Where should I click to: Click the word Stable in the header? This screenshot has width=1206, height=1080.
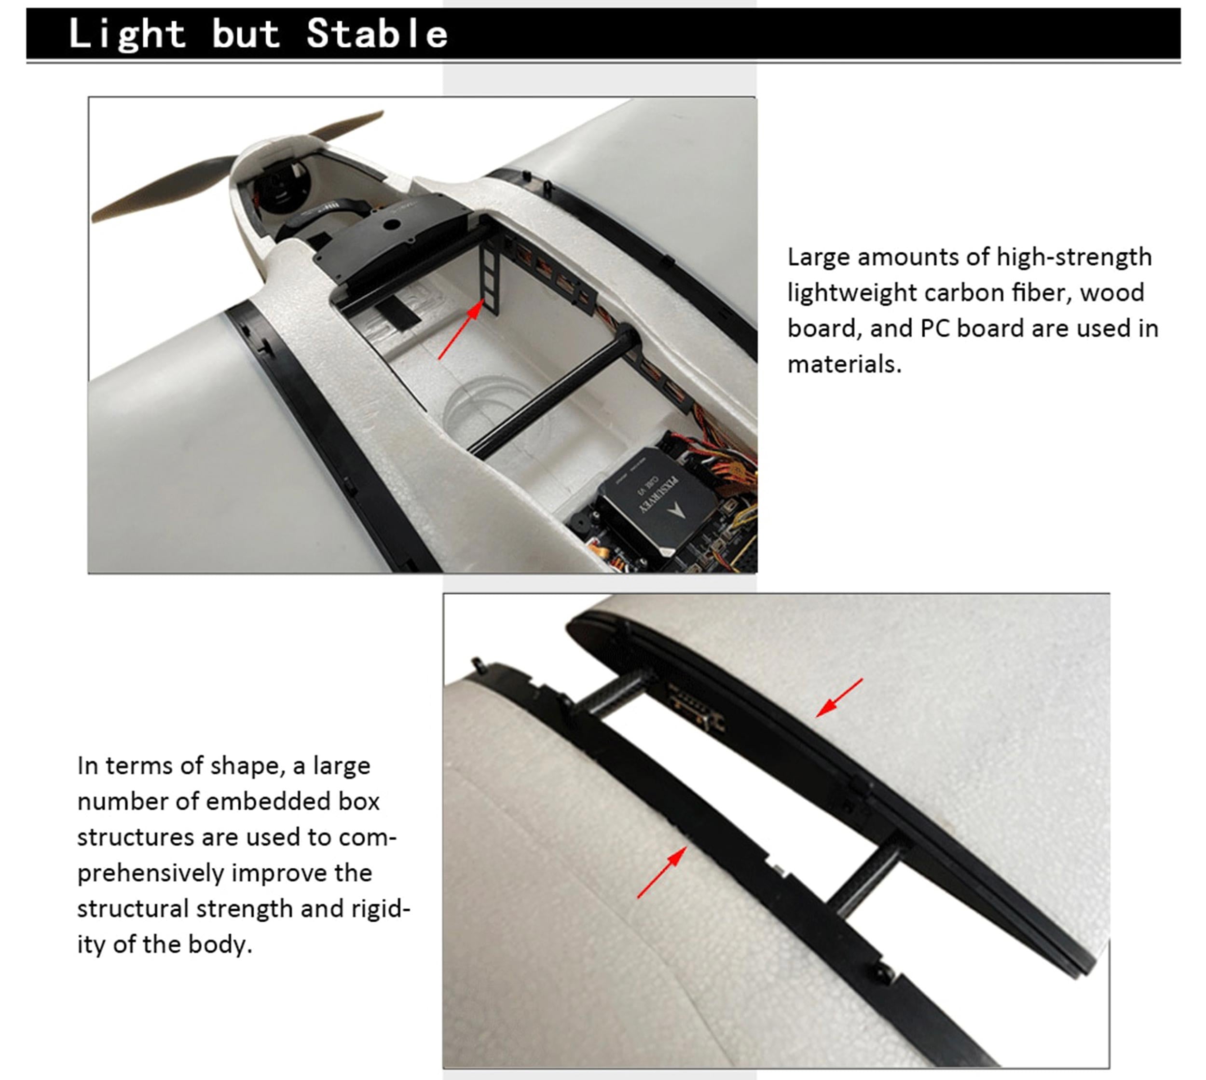point(377,33)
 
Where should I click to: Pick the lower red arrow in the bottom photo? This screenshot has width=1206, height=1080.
point(662,872)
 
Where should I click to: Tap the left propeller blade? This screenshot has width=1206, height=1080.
point(163,189)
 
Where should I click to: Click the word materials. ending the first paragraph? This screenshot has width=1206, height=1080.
point(845,364)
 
